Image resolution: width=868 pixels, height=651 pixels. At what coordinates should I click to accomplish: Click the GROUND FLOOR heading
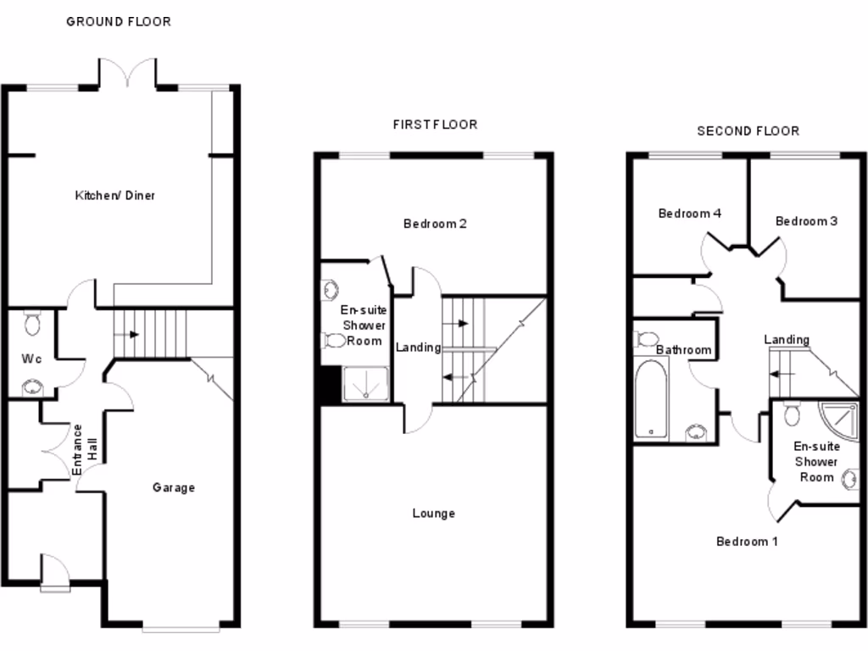point(119,21)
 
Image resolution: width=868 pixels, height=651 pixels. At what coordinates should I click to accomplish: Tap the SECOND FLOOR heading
point(748,131)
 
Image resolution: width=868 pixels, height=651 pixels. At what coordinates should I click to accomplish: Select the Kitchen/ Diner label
point(115,196)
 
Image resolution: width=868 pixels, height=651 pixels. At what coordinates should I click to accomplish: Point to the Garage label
point(174,487)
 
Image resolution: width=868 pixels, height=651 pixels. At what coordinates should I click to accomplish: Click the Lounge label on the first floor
point(433,513)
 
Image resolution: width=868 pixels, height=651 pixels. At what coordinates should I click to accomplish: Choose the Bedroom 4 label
point(689,214)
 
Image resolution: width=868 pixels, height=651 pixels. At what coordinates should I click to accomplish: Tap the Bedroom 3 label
point(806,221)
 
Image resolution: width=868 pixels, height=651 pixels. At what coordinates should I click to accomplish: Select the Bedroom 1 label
point(747,541)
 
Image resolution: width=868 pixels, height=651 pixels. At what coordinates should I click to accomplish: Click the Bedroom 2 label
point(435,224)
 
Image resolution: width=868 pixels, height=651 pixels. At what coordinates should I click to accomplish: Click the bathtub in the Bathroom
point(651,398)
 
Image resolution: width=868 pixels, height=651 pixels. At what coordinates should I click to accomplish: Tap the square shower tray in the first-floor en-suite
point(365,383)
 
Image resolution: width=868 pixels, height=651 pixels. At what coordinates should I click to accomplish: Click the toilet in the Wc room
point(33,322)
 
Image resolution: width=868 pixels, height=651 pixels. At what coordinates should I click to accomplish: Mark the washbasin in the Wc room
point(33,387)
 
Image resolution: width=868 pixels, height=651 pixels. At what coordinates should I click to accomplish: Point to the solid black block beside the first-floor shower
point(328,386)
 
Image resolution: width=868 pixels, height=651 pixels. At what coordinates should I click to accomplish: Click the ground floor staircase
point(150,334)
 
